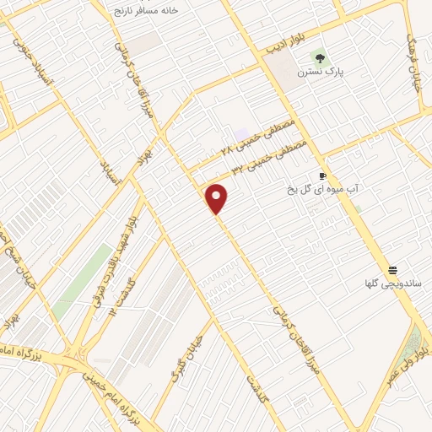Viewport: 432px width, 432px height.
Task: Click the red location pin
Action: point(217,198)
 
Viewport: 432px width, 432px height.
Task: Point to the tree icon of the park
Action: point(319,57)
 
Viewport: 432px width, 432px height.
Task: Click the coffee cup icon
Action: point(322,176)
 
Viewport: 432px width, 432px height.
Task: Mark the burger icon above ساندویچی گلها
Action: point(392,270)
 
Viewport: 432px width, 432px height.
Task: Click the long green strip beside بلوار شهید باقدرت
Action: point(84,278)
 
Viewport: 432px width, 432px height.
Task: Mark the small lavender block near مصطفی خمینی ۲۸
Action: point(243,134)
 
